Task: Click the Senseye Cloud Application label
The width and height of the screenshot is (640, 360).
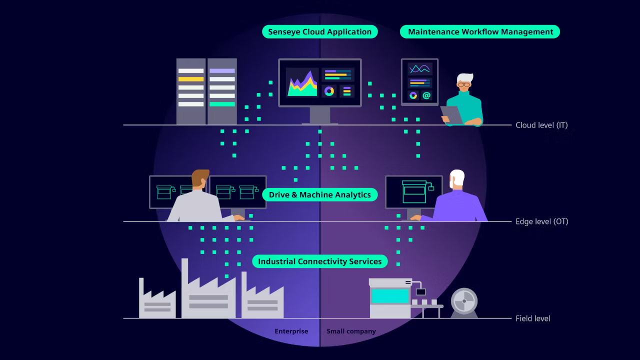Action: pyautogui.click(x=319, y=31)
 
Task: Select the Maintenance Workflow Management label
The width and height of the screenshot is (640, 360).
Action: pyautogui.click(x=480, y=31)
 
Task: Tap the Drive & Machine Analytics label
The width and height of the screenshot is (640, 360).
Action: pyautogui.click(x=319, y=194)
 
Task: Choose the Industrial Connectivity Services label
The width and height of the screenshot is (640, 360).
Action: pyautogui.click(x=319, y=261)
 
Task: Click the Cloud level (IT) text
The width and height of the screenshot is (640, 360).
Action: pyautogui.click(x=541, y=125)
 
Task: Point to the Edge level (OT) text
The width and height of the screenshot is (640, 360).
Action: pyautogui.click(x=541, y=221)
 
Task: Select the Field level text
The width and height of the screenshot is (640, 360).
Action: pyautogui.click(x=533, y=318)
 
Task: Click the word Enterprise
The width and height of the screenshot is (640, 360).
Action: pyautogui.click(x=291, y=331)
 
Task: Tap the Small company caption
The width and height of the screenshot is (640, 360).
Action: pyautogui.click(x=351, y=331)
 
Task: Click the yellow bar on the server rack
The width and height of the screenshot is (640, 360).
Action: pyautogui.click(x=191, y=79)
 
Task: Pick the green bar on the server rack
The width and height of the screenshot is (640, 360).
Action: pyautogui.click(x=222, y=104)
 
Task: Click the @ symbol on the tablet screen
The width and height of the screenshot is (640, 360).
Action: pyautogui.click(x=426, y=95)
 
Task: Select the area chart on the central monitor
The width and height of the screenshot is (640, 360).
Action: pyautogui.click(x=302, y=83)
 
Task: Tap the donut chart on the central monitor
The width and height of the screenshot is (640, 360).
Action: pyautogui.click(x=329, y=91)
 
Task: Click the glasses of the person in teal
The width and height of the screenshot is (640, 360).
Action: pyautogui.click(x=463, y=84)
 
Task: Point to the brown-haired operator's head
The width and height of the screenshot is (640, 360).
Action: pyautogui.click(x=200, y=178)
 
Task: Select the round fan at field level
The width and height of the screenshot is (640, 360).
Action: pyautogui.click(x=464, y=301)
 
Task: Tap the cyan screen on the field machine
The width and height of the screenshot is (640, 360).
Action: pyautogui.click(x=390, y=296)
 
